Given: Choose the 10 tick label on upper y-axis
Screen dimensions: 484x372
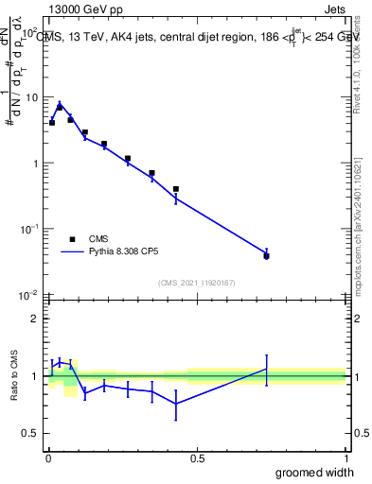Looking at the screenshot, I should pyautogui.click(x=30, y=97).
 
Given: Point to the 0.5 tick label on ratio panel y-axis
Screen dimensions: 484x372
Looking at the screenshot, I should pyautogui.click(x=31, y=433).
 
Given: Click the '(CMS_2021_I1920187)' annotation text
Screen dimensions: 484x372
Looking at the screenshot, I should pyautogui.click(x=197, y=282).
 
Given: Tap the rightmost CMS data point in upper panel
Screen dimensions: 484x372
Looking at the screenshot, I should pyautogui.click(x=267, y=256).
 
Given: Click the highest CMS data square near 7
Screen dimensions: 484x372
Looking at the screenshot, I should pyautogui.click(x=60, y=108).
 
